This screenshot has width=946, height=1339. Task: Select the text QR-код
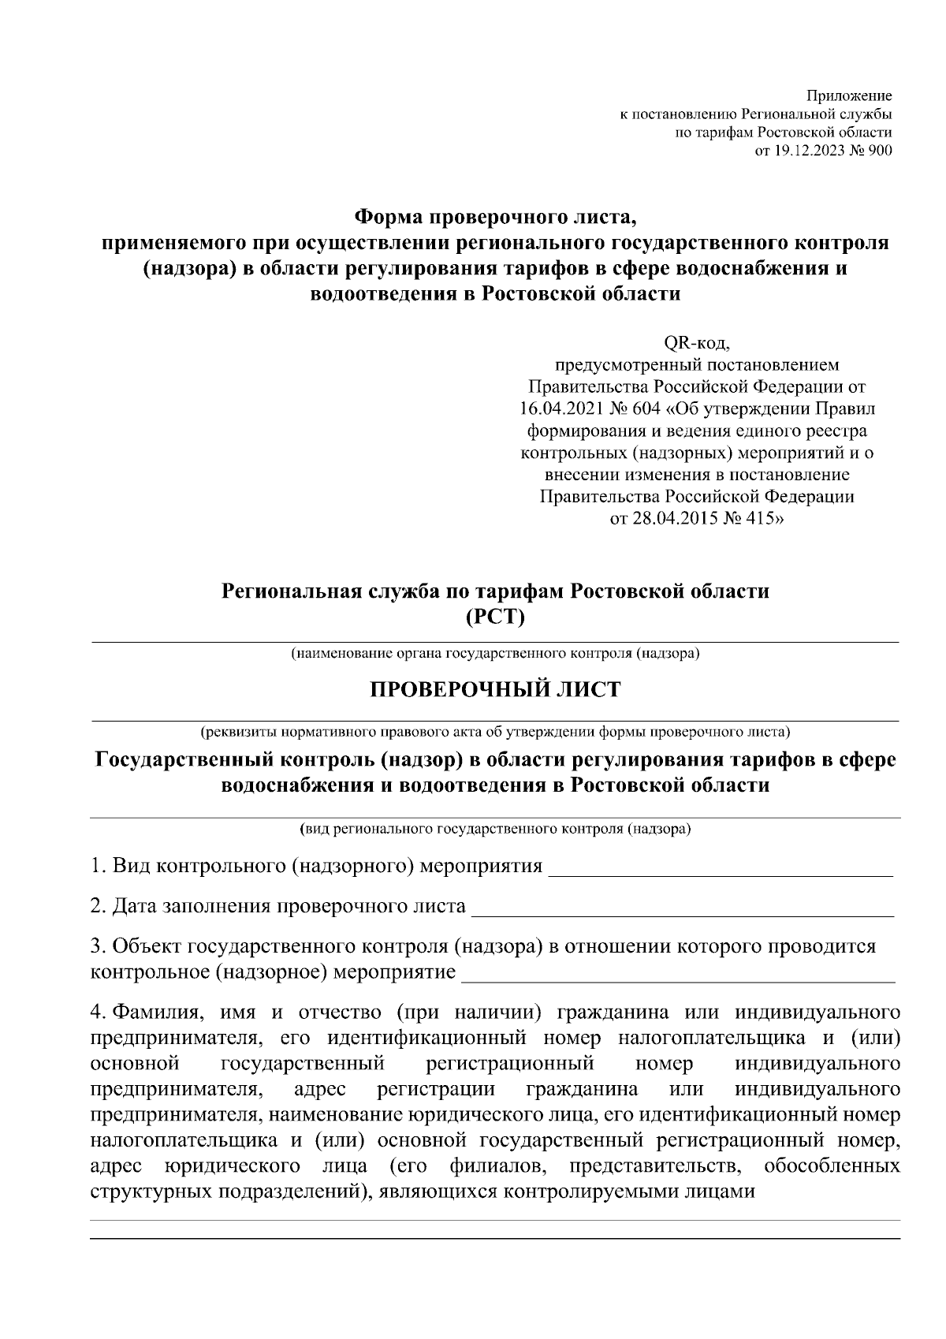pos(698,343)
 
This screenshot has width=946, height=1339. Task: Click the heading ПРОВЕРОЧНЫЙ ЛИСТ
pos(495,690)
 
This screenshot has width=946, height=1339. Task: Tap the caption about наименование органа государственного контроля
pos(495,654)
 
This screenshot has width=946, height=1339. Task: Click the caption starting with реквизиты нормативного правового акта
pos(495,731)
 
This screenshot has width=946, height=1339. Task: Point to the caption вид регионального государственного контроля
pos(495,829)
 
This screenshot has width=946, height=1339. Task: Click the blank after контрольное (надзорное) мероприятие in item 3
pos(678,979)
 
